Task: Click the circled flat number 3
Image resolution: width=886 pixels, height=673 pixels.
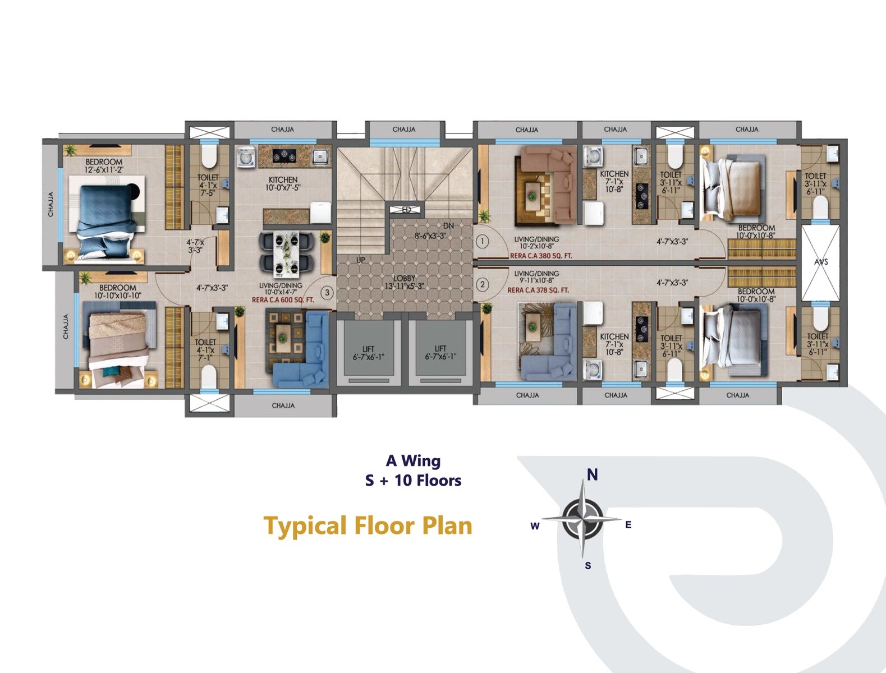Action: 327,292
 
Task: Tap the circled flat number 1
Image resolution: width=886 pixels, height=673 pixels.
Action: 482,242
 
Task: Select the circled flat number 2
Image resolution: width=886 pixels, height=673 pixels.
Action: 482,284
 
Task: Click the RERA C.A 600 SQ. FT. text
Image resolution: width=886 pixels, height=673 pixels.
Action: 283,300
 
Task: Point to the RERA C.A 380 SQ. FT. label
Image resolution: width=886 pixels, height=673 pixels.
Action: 541,256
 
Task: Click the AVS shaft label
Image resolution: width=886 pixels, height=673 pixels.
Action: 821,262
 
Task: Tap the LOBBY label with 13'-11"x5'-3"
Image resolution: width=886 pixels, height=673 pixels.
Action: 404,282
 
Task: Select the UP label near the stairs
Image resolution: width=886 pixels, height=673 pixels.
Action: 360,260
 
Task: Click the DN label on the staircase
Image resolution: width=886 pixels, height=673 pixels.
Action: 448,225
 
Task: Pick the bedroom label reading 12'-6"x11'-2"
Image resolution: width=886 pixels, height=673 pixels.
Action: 104,165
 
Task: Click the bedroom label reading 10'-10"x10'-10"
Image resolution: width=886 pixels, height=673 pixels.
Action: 117,292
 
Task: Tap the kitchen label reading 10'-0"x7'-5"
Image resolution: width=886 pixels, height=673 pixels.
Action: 283,183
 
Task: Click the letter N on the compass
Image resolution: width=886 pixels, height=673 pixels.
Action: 592,475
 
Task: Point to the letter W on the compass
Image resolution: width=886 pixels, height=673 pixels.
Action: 535,526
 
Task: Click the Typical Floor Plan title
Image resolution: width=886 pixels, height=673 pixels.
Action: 368,526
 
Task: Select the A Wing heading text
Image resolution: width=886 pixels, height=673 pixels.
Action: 413,461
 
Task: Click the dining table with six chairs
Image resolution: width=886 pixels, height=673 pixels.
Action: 286,255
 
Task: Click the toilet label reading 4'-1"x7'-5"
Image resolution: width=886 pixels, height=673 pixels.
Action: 208,185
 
